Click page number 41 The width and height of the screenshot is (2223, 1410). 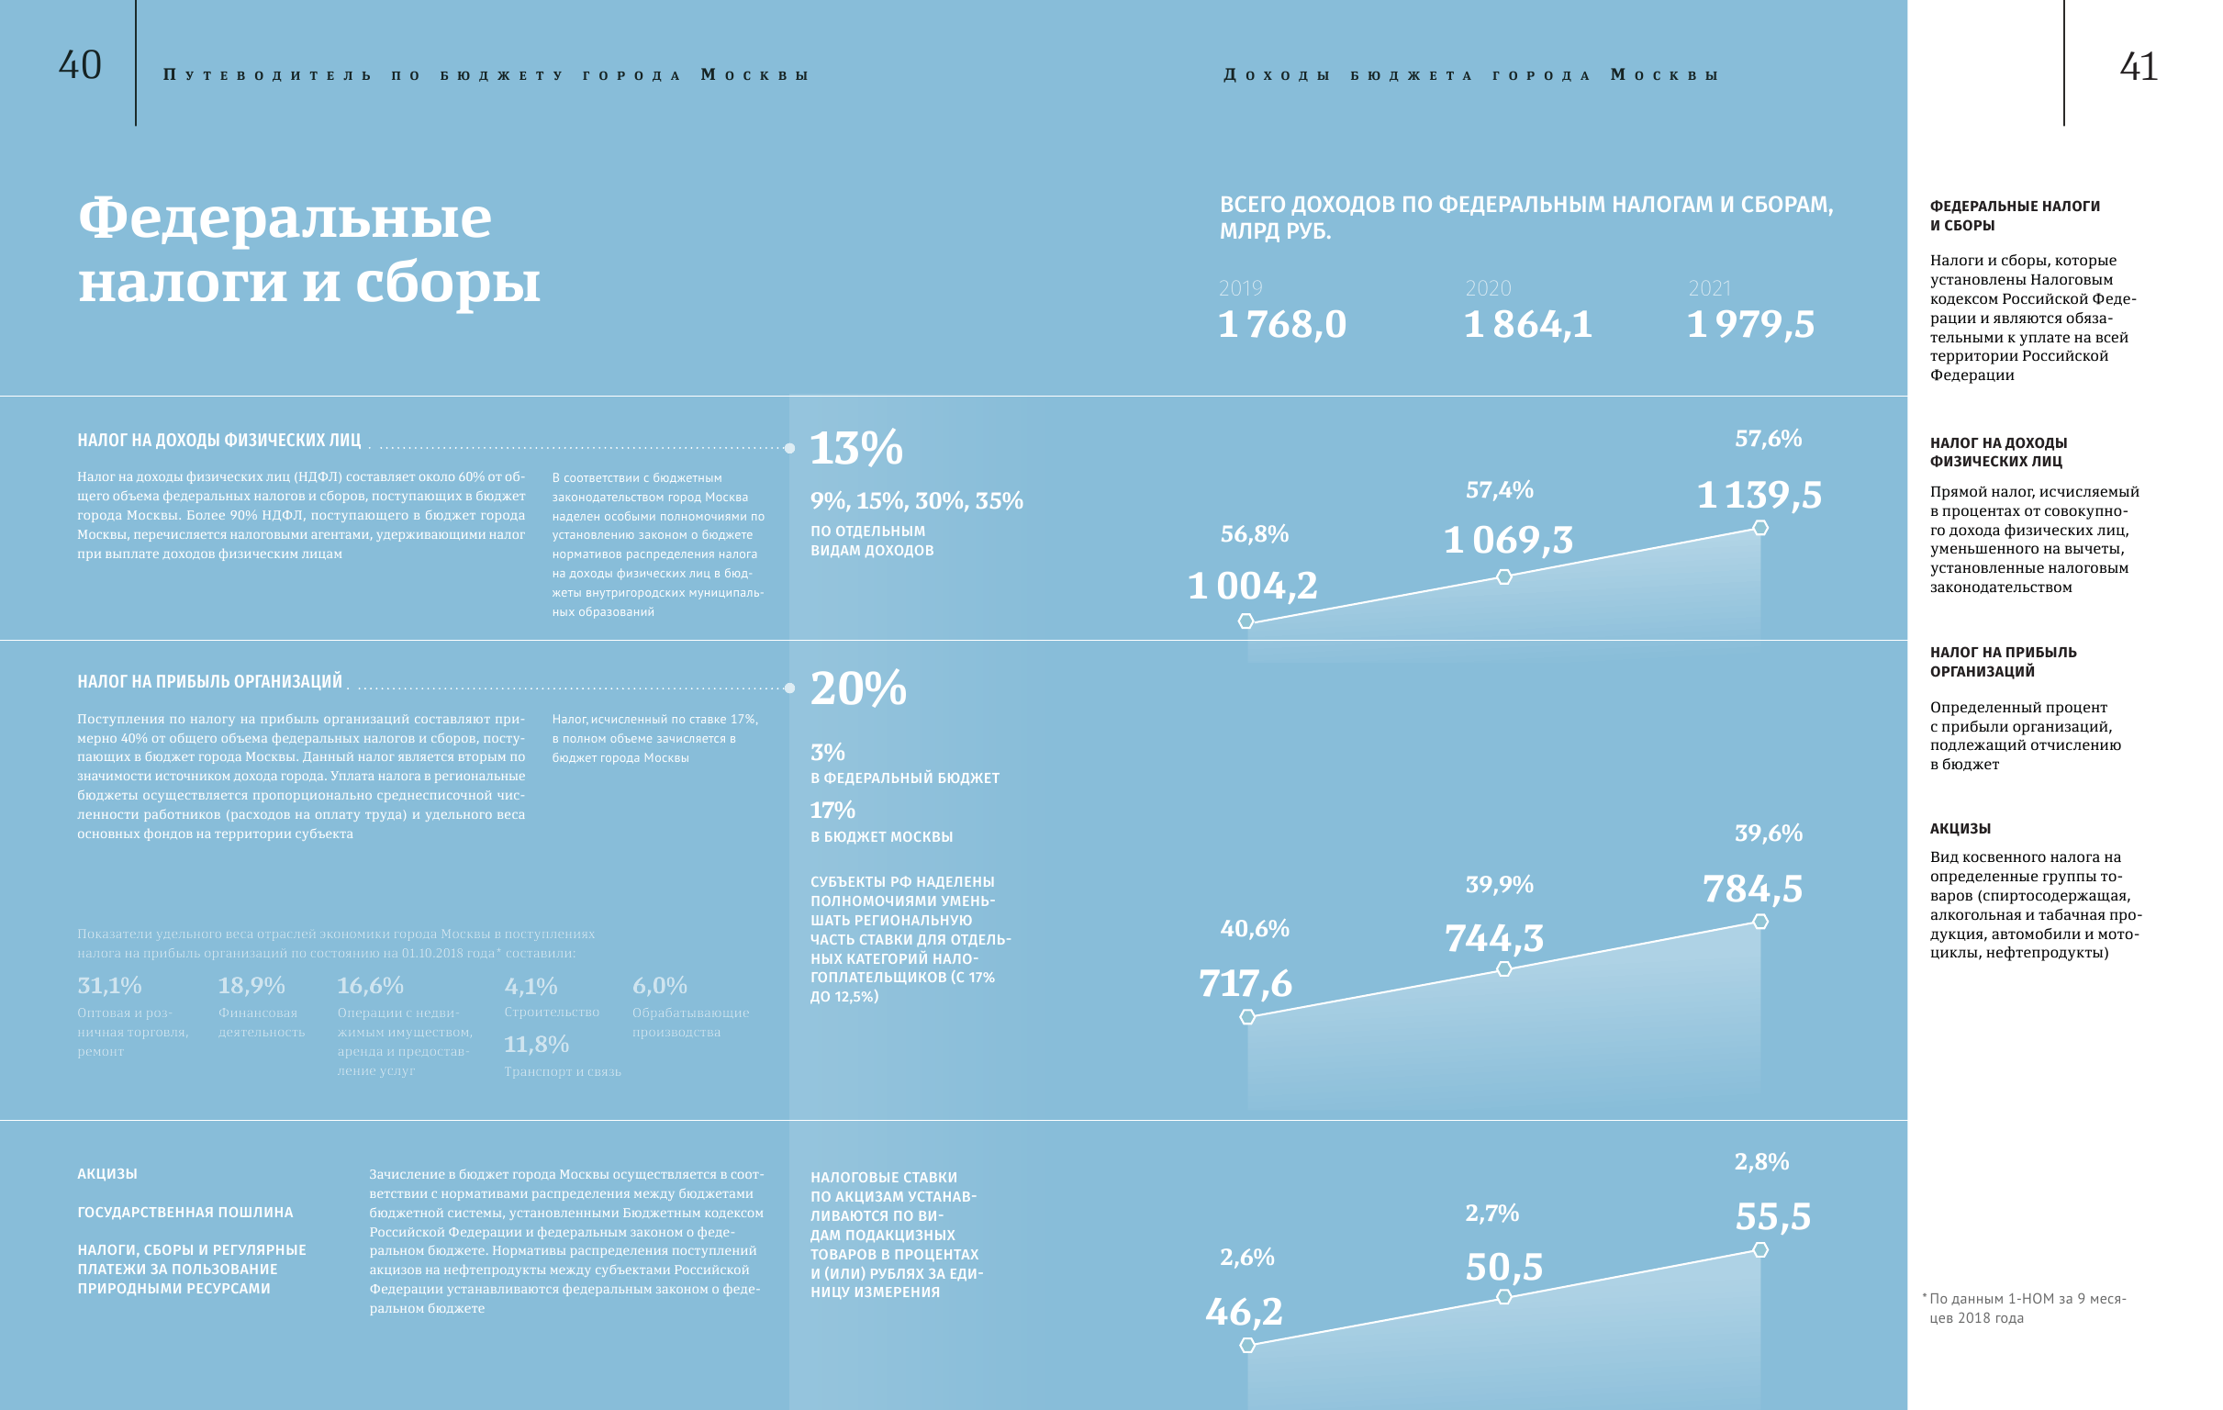tap(2138, 66)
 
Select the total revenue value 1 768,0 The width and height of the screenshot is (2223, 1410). tap(1281, 324)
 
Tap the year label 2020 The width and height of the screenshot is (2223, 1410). tap(1487, 288)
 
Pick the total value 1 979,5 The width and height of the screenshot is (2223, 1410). tap(1749, 324)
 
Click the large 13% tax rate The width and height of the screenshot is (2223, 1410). tap(855, 449)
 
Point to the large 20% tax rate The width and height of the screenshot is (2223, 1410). tap(857, 688)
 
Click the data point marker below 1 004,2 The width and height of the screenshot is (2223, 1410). tap(1246, 621)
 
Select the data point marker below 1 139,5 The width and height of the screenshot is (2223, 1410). tap(1760, 528)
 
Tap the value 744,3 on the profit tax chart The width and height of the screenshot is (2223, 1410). tap(1493, 938)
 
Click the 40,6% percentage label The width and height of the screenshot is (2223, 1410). tap(1255, 929)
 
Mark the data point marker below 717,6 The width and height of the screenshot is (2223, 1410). tap(1247, 1016)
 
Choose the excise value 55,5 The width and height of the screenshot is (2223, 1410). tap(1772, 1217)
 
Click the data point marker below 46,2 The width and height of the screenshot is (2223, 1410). tap(1247, 1346)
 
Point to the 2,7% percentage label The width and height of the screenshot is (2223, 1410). tap(1491, 1214)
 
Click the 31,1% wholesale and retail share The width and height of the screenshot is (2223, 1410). tap(109, 986)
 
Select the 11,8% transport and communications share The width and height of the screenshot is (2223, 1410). tap(535, 1046)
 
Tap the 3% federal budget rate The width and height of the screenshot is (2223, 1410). tap(827, 753)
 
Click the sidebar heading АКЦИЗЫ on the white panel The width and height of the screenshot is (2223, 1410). tap(1960, 829)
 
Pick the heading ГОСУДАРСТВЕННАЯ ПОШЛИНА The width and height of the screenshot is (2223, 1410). tap(184, 1213)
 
